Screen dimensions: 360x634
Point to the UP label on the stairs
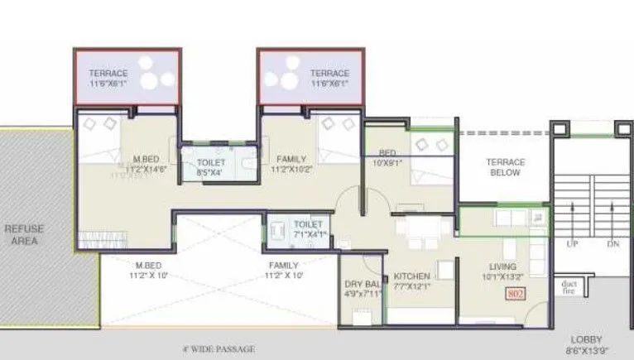pyautogui.click(x=571, y=245)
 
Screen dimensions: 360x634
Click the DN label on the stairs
pyautogui.click(x=613, y=245)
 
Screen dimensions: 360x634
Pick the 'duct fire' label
pyautogui.click(x=569, y=286)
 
